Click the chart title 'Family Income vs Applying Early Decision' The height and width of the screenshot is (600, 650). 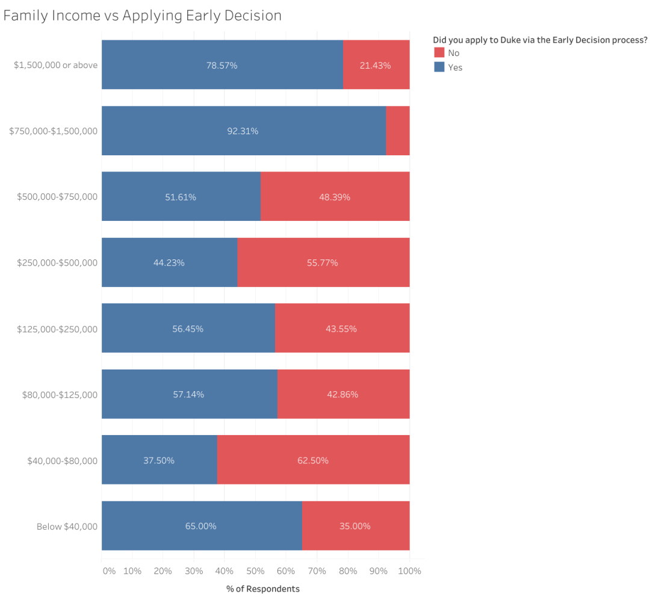142,15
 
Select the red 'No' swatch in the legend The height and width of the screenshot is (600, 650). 439,53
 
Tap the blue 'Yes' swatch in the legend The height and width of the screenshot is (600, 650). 439,67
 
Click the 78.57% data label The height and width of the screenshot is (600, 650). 222,65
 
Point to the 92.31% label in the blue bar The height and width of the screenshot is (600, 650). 243,131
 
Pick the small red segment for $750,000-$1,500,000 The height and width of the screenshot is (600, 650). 397,131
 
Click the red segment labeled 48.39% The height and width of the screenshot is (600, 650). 335,197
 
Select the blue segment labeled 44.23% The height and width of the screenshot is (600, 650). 169,262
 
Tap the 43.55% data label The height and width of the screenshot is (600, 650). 341,329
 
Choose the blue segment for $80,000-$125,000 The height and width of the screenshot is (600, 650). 189,394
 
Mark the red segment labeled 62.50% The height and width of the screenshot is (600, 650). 313,460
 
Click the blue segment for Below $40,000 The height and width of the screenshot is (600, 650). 201,526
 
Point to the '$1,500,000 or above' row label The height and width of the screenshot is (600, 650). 55,65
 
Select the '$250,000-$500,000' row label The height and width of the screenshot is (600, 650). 57,262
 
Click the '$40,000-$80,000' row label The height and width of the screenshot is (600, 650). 62,460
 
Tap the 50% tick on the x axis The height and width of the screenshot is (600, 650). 255,571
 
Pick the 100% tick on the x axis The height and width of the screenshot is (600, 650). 409,571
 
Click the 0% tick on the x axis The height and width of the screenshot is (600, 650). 109,571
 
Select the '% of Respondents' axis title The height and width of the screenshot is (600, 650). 263,589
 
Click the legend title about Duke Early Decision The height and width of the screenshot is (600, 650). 540,40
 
